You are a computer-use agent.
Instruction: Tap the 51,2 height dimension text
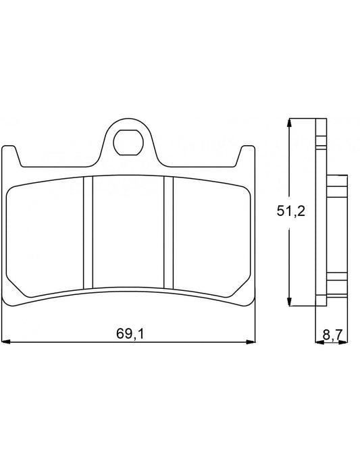[292, 211]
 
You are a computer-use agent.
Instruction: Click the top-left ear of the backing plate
[9, 153]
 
